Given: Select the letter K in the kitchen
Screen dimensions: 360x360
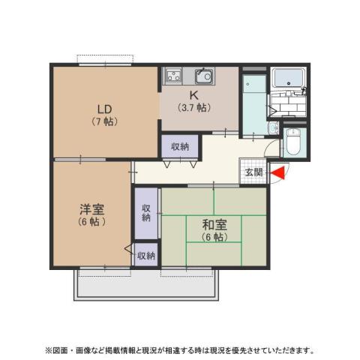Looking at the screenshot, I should pyautogui.click(x=193, y=94).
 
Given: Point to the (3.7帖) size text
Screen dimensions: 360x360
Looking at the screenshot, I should pyautogui.click(x=193, y=107).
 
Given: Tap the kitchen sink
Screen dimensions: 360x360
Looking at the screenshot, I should pyautogui.click(x=202, y=75).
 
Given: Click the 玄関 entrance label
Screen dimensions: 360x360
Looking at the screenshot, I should pyautogui.click(x=253, y=173).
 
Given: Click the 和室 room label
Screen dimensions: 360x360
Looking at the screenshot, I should pyautogui.click(x=214, y=224).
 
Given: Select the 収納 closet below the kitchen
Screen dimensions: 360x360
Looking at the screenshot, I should pyautogui.click(x=179, y=145).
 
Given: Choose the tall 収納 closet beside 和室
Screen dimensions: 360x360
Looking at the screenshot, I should pyautogui.click(x=146, y=213).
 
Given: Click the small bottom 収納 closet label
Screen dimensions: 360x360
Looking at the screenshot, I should pyautogui.click(x=145, y=256).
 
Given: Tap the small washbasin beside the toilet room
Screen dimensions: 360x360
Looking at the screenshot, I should pyautogui.click(x=273, y=128).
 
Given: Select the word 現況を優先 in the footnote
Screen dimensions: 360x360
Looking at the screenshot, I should pyautogui.click(x=212, y=350).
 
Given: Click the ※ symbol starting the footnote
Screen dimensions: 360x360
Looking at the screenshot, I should pyautogui.click(x=49, y=350).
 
